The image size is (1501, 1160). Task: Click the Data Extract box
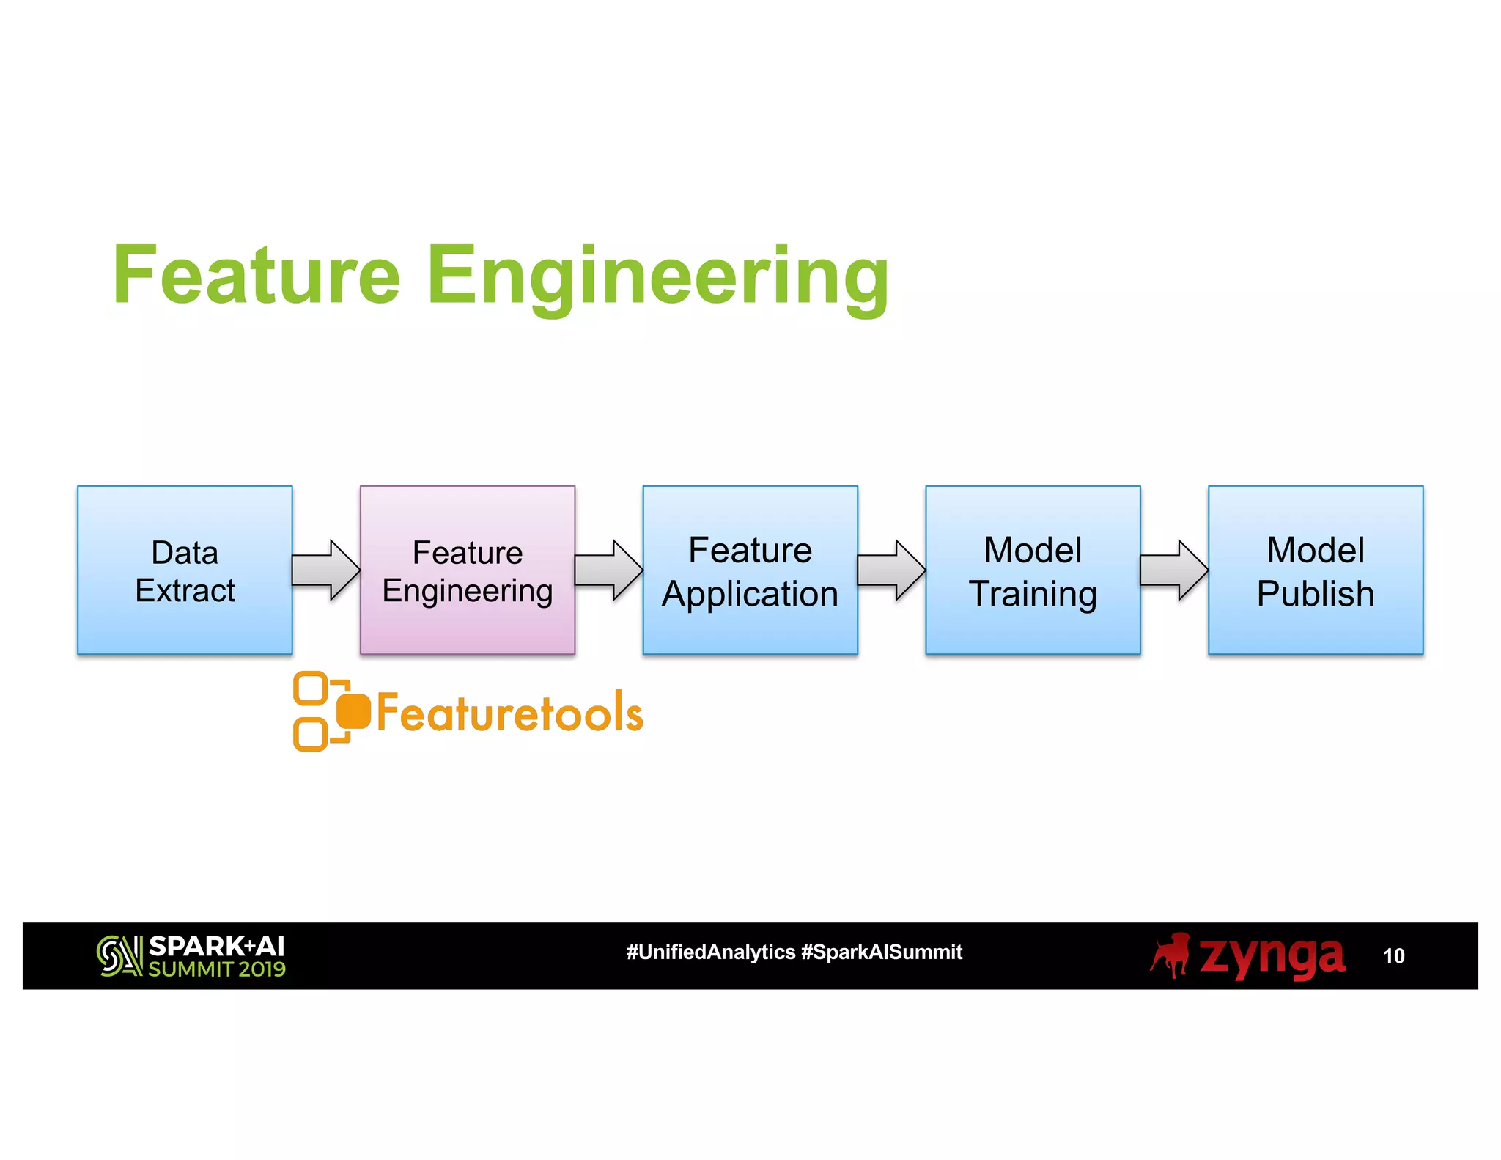pyautogui.click(x=185, y=570)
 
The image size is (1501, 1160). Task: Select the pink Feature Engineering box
pyautogui.click(x=468, y=570)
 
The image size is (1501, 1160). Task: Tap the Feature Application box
pyautogui.click(x=750, y=570)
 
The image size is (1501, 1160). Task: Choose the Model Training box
pyautogui.click(x=1033, y=570)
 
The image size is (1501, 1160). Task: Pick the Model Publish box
pyautogui.click(x=1316, y=570)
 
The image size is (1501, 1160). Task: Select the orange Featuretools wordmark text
pyautogui.click(x=509, y=712)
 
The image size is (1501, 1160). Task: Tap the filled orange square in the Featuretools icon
pyautogui.click(x=354, y=711)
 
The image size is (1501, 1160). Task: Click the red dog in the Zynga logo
pyautogui.click(x=1170, y=955)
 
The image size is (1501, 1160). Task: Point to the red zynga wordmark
pyautogui.click(x=1272, y=955)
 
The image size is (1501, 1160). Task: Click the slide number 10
pyautogui.click(x=1393, y=956)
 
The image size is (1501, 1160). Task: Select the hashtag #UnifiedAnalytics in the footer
pyautogui.click(x=710, y=952)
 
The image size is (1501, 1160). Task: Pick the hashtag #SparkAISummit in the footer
pyautogui.click(x=882, y=952)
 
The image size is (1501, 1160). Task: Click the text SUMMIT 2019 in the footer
pyautogui.click(x=217, y=969)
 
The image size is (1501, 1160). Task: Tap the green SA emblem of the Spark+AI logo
pyautogui.click(x=119, y=955)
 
